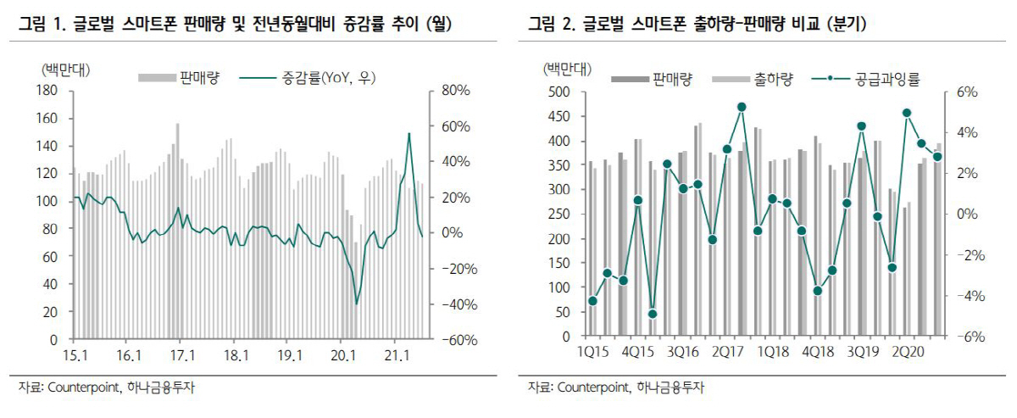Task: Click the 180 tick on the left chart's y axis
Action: [x=47, y=91]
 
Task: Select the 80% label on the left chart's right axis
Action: [x=456, y=91]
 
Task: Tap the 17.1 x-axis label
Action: [x=182, y=356]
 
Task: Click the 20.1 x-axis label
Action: [x=343, y=356]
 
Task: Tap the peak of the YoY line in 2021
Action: [x=409, y=133]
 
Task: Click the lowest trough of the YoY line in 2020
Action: [x=357, y=304]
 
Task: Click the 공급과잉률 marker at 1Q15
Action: [x=592, y=301]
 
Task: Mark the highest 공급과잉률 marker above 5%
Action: [x=742, y=107]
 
